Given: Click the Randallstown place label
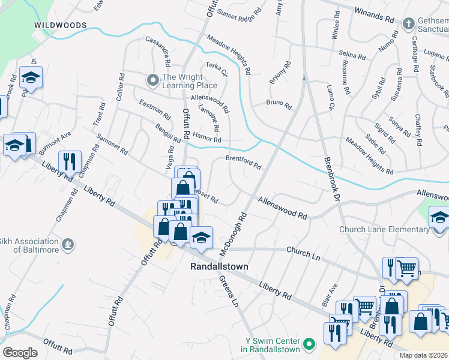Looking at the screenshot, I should [x=219, y=266].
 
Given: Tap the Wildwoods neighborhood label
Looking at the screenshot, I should [x=61, y=25].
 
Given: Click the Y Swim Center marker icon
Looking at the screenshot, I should [x=309, y=344].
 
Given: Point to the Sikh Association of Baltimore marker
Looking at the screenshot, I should [x=69, y=245].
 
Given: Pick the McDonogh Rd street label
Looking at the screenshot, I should [x=234, y=232].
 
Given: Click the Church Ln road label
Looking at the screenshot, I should [x=303, y=252].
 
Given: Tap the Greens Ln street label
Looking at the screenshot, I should [x=229, y=291].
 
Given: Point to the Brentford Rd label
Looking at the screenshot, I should [x=243, y=162].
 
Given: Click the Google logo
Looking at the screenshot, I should [x=20, y=353].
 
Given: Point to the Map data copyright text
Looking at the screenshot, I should [x=423, y=355].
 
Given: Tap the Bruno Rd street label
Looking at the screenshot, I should [x=279, y=104].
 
